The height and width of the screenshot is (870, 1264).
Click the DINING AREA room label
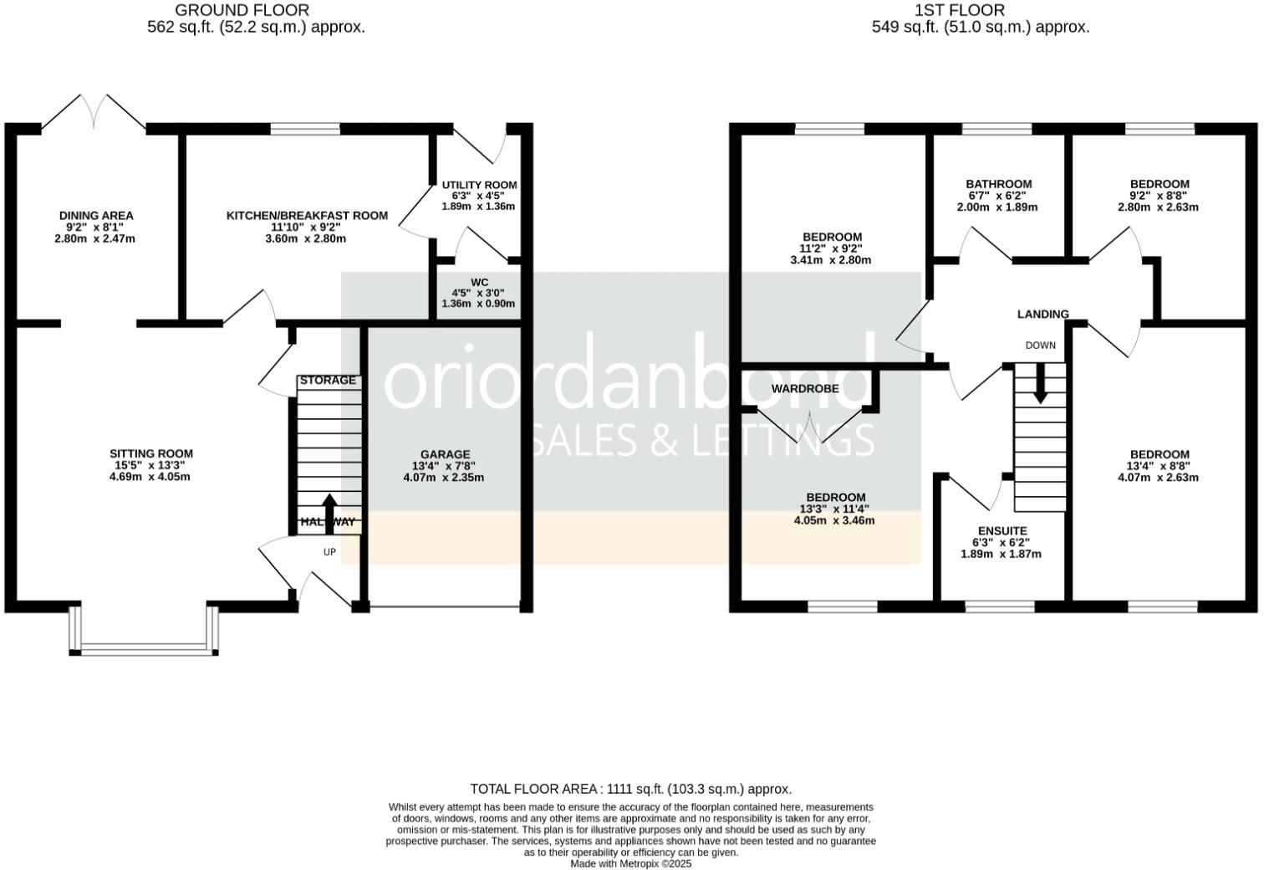tap(96, 216)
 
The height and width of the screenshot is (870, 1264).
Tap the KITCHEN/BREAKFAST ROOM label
tap(307, 216)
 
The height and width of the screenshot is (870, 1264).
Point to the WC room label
tap(479, 283)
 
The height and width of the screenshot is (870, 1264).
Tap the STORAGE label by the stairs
tap(328, 381)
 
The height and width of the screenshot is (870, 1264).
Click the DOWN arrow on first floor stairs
tap(1040, 386)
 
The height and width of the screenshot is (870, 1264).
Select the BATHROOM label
tap(998, 184)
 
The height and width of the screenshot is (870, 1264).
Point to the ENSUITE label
tap(1002, 531)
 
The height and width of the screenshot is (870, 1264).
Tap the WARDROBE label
tap(804, 389)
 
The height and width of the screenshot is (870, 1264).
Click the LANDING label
tap(1042, 315)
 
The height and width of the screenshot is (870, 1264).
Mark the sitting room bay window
tap(144, 647)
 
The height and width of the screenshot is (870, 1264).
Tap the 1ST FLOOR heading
tap(959, 10)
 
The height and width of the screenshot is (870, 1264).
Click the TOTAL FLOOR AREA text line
tap(630, 789)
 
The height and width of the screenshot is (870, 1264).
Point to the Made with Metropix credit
tap(630, 863)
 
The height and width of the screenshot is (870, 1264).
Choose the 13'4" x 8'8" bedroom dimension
tap(1158, 466)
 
